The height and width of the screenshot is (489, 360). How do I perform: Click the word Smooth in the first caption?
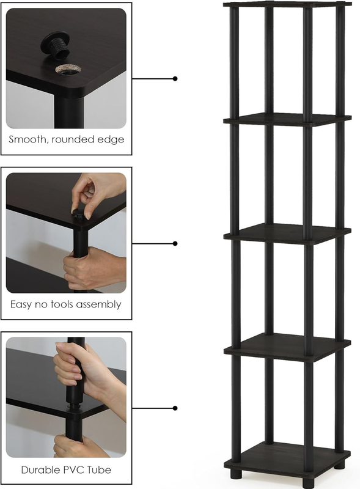tap(28, 139)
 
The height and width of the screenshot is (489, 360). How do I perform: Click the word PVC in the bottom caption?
tap(67, 469)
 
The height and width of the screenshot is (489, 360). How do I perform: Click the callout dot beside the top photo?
tap(175, 79)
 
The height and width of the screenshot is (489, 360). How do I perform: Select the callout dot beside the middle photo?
tap(175, 243)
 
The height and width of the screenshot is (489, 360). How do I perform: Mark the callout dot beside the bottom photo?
tap(175, 408)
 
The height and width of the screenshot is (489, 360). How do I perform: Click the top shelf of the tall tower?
tap(287, 4)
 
